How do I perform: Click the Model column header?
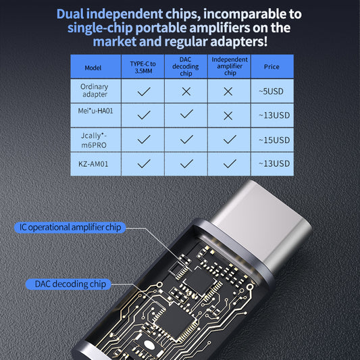[95, 68]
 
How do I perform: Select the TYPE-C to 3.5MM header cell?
[143, 68]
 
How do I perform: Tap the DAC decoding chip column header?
[186, 67]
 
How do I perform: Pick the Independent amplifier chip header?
[230, 67]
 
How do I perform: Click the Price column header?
[272, 68]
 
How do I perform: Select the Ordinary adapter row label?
[95, 91]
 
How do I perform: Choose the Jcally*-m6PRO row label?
[95, 139]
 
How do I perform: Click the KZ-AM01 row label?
[95, 163]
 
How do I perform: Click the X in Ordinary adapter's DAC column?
[186, 91]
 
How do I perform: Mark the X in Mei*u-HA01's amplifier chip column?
[230, 115]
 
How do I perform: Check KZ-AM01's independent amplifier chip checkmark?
[230, 163]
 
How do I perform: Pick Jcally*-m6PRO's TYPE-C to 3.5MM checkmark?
[143, 140]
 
